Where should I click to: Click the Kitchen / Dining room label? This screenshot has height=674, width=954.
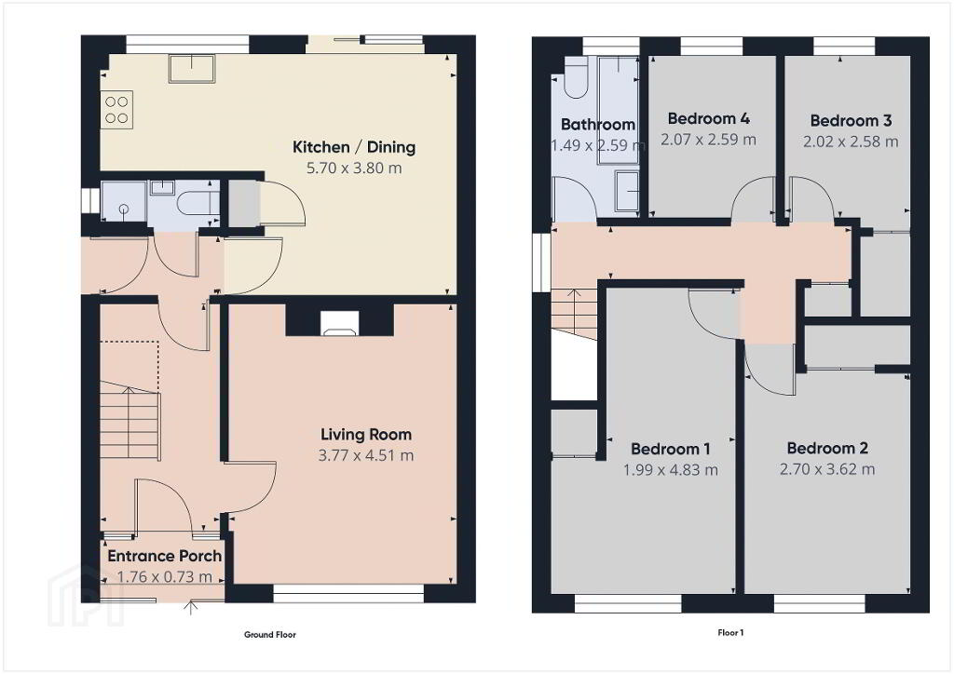[353, 147]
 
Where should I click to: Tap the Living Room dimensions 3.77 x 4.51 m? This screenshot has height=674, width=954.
[365, 455]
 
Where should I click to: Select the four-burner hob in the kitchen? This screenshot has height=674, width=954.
[116, 110]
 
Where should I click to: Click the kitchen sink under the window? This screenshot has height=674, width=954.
[192, 68]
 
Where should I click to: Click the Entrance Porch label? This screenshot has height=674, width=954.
[164, 556]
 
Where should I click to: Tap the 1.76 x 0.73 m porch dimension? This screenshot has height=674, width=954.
[164, 577]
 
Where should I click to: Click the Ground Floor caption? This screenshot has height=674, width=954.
[270, 635]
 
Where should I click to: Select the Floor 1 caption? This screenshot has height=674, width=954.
[730, 633]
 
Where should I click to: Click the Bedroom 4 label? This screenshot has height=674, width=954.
[708, 118]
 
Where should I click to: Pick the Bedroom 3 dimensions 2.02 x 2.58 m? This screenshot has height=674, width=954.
[851, 142]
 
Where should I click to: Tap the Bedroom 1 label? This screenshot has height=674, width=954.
[671, 449]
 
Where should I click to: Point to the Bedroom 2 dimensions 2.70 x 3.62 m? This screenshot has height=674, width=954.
[827, 469]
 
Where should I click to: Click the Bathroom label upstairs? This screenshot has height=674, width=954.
[597, 125]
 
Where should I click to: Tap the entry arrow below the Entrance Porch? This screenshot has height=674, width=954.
[192, 607]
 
